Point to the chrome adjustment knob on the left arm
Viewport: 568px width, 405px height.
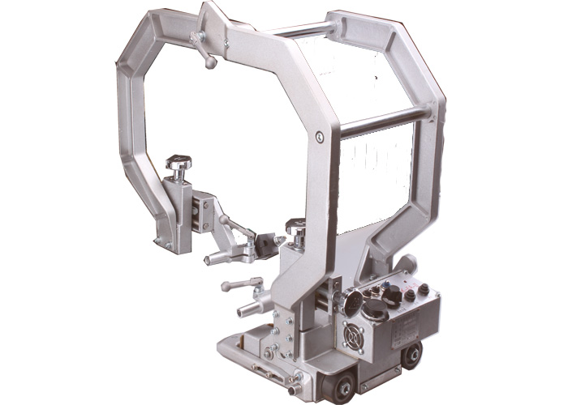point(178,164)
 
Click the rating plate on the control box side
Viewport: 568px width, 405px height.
point(405,330)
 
